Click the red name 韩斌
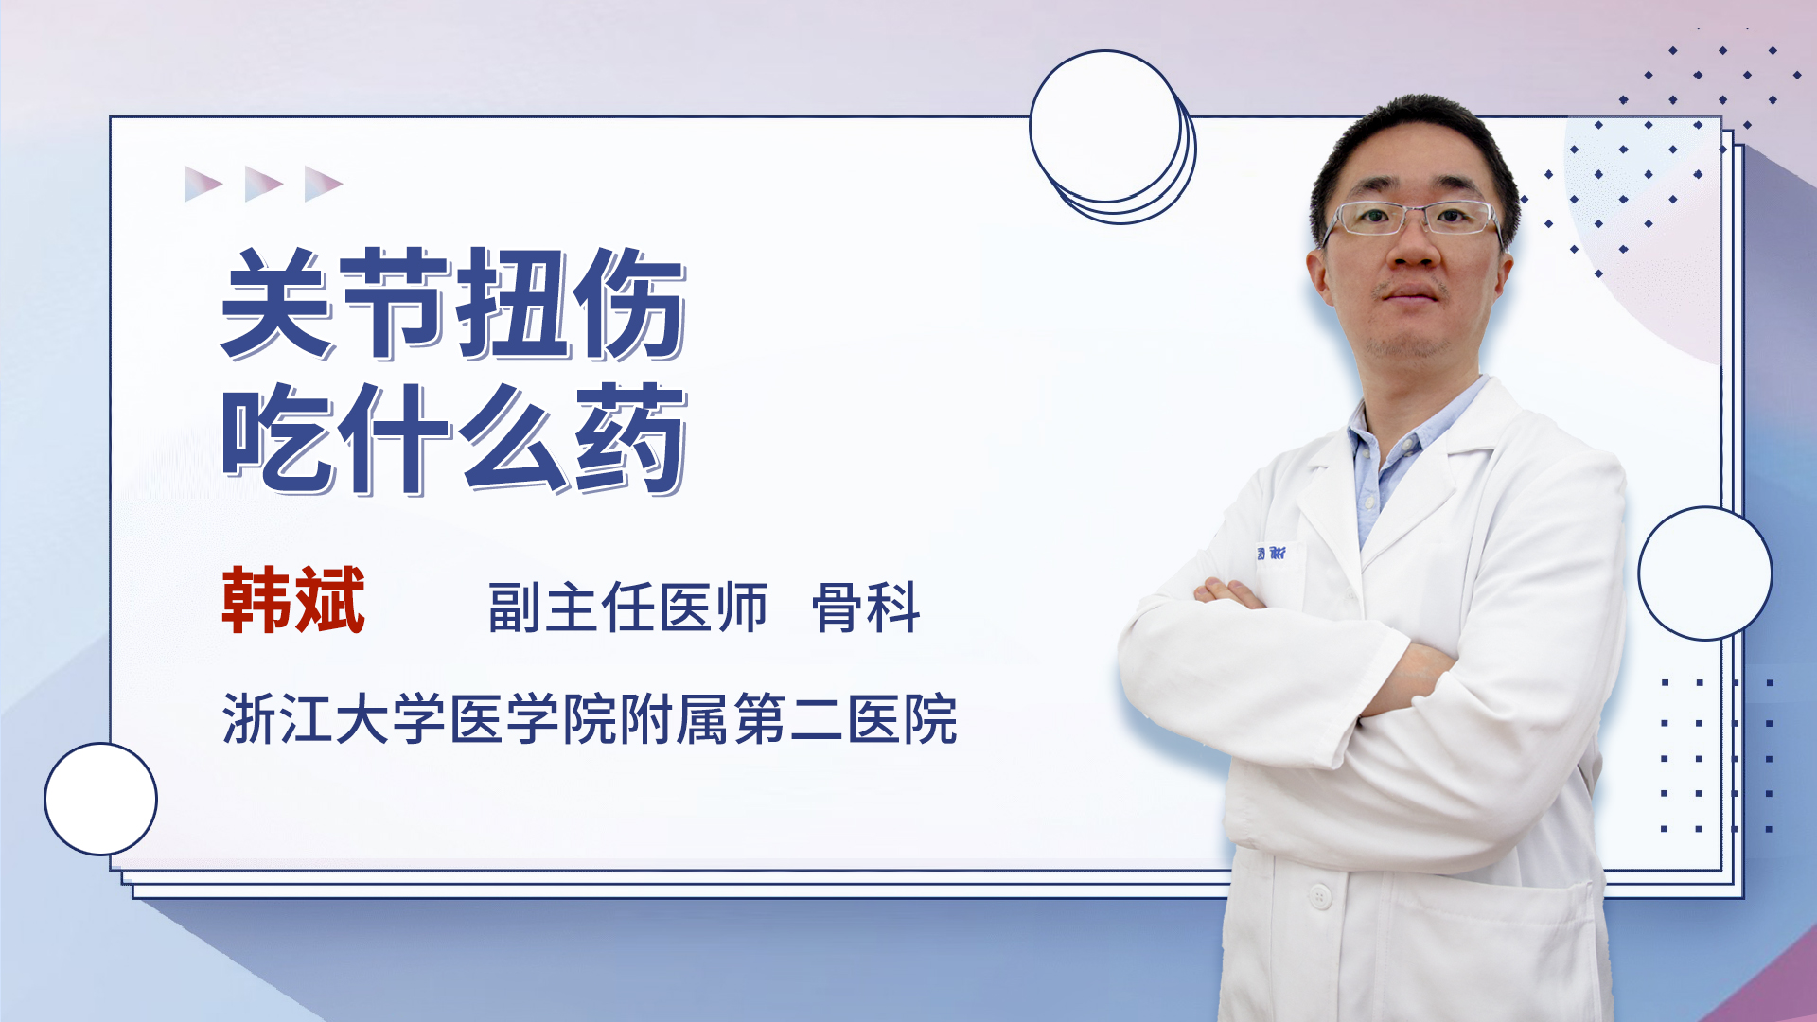coord(293,600)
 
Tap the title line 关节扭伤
coord(453,304)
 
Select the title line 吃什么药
coord(453,439)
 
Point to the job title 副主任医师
coord(627,608)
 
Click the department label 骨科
coord(866,608)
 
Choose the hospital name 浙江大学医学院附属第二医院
coord(590,719)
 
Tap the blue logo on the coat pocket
coord(1271,554)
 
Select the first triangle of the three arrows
coord(203,184)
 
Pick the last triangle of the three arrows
coord(324,184)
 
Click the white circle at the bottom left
coord(100,800)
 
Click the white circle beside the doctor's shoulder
coord(1705,573)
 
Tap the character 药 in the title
coord(630,439)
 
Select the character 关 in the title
coord(277,304)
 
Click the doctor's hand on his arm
coord(1230,594)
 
